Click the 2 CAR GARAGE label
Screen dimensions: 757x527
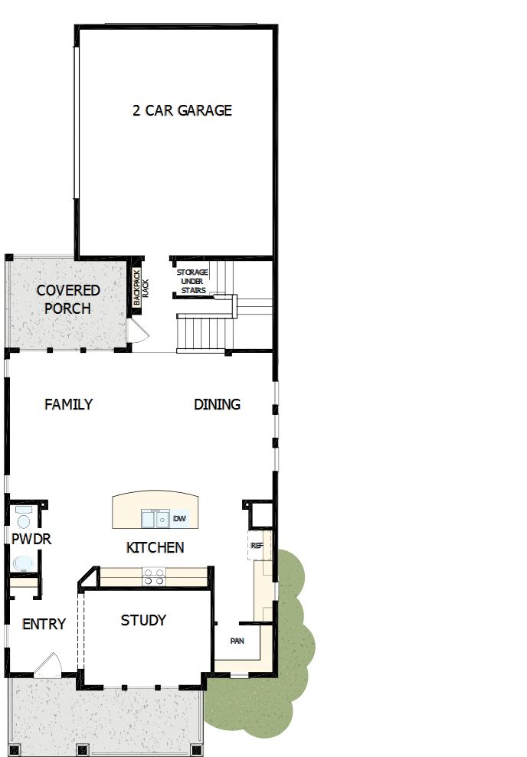[182, 110]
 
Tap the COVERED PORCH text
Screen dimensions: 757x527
[67, 299]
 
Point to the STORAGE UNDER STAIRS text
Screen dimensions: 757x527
[192, 281]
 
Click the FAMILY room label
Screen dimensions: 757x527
[68, 404]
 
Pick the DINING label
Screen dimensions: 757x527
[217, 404]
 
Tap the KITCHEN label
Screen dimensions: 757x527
[155, 547]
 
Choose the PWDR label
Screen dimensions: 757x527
[31, 540]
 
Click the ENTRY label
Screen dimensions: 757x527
[44, 624]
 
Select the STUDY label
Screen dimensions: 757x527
[143, 620]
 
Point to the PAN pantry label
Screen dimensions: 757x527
[237, 641]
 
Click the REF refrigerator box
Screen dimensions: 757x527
[257, 547]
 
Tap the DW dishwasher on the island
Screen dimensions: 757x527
[179, 519]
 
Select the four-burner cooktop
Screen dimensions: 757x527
[153, 576]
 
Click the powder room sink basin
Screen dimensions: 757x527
[23, 565]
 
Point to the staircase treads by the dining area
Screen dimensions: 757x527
[204, 332]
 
